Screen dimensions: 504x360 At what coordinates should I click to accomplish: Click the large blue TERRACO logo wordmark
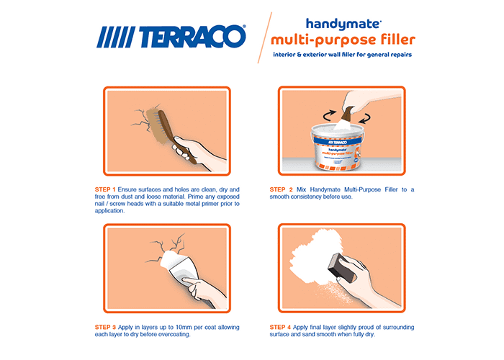[171, 36]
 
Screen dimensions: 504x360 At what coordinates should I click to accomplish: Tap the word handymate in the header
[343, 24]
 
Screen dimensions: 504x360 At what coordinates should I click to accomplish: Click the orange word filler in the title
[398, 39]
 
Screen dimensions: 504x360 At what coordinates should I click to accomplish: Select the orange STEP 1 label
[105, 189]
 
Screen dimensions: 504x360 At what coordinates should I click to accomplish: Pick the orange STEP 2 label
[282, 189]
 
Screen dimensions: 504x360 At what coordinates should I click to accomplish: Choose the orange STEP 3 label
[105, 327]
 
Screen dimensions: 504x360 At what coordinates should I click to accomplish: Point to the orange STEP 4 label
[280, 327]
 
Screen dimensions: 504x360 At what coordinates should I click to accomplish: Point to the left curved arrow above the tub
[328, 115]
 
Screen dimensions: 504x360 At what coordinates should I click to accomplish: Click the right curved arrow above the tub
[364, 118]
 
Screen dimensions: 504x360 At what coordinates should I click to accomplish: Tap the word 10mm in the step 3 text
[184, 327]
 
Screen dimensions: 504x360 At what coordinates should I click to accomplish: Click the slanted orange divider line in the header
[264, 37]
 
